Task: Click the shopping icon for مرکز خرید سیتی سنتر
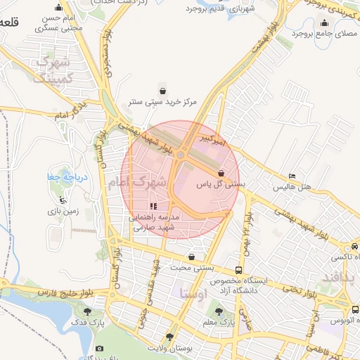(163, 91)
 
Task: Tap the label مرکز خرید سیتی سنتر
(163, 102)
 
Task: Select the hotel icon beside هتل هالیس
(292, 176)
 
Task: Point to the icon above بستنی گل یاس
(221, 173)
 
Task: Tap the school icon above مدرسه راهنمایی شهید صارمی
(154, 207)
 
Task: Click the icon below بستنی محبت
(192, 257)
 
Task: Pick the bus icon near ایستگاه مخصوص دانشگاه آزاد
(239, 270)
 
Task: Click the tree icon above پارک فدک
(88, 311)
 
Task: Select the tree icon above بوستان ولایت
(169, 337)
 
